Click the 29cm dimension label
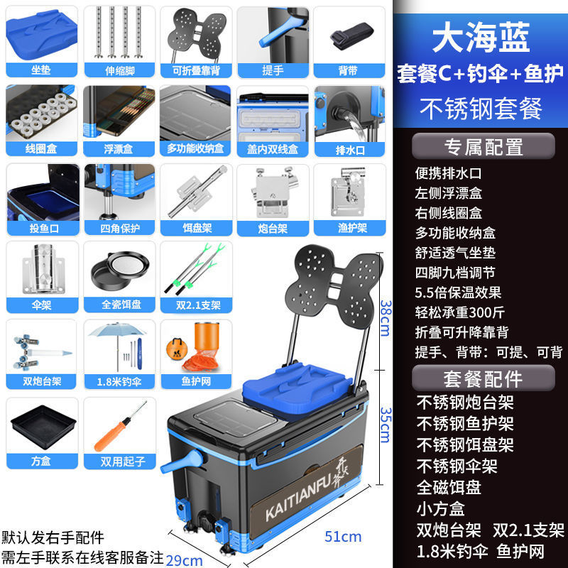pos(183,560)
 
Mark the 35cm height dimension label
pos(384,425)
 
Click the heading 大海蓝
pos(481,39)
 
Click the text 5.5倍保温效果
pos(458,292)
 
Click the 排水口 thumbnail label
pos(349,149)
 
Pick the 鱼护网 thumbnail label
pos(195,381)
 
